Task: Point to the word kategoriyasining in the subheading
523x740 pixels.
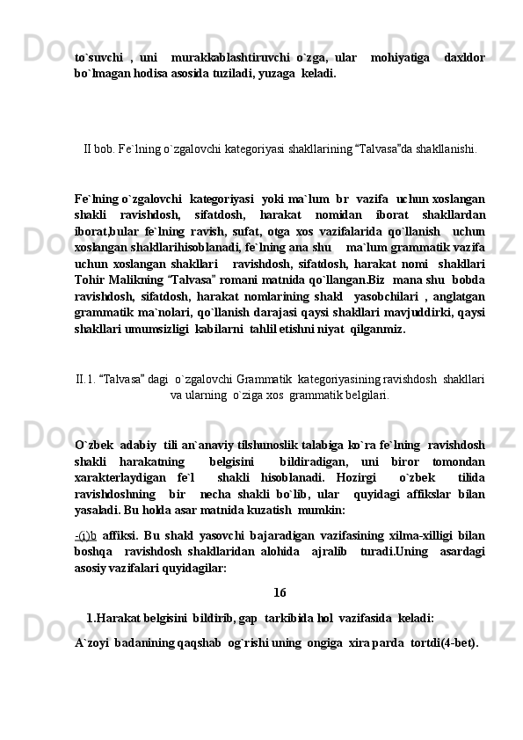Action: [x=338, y=380]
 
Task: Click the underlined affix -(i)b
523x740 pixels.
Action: [x=85, y=539]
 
